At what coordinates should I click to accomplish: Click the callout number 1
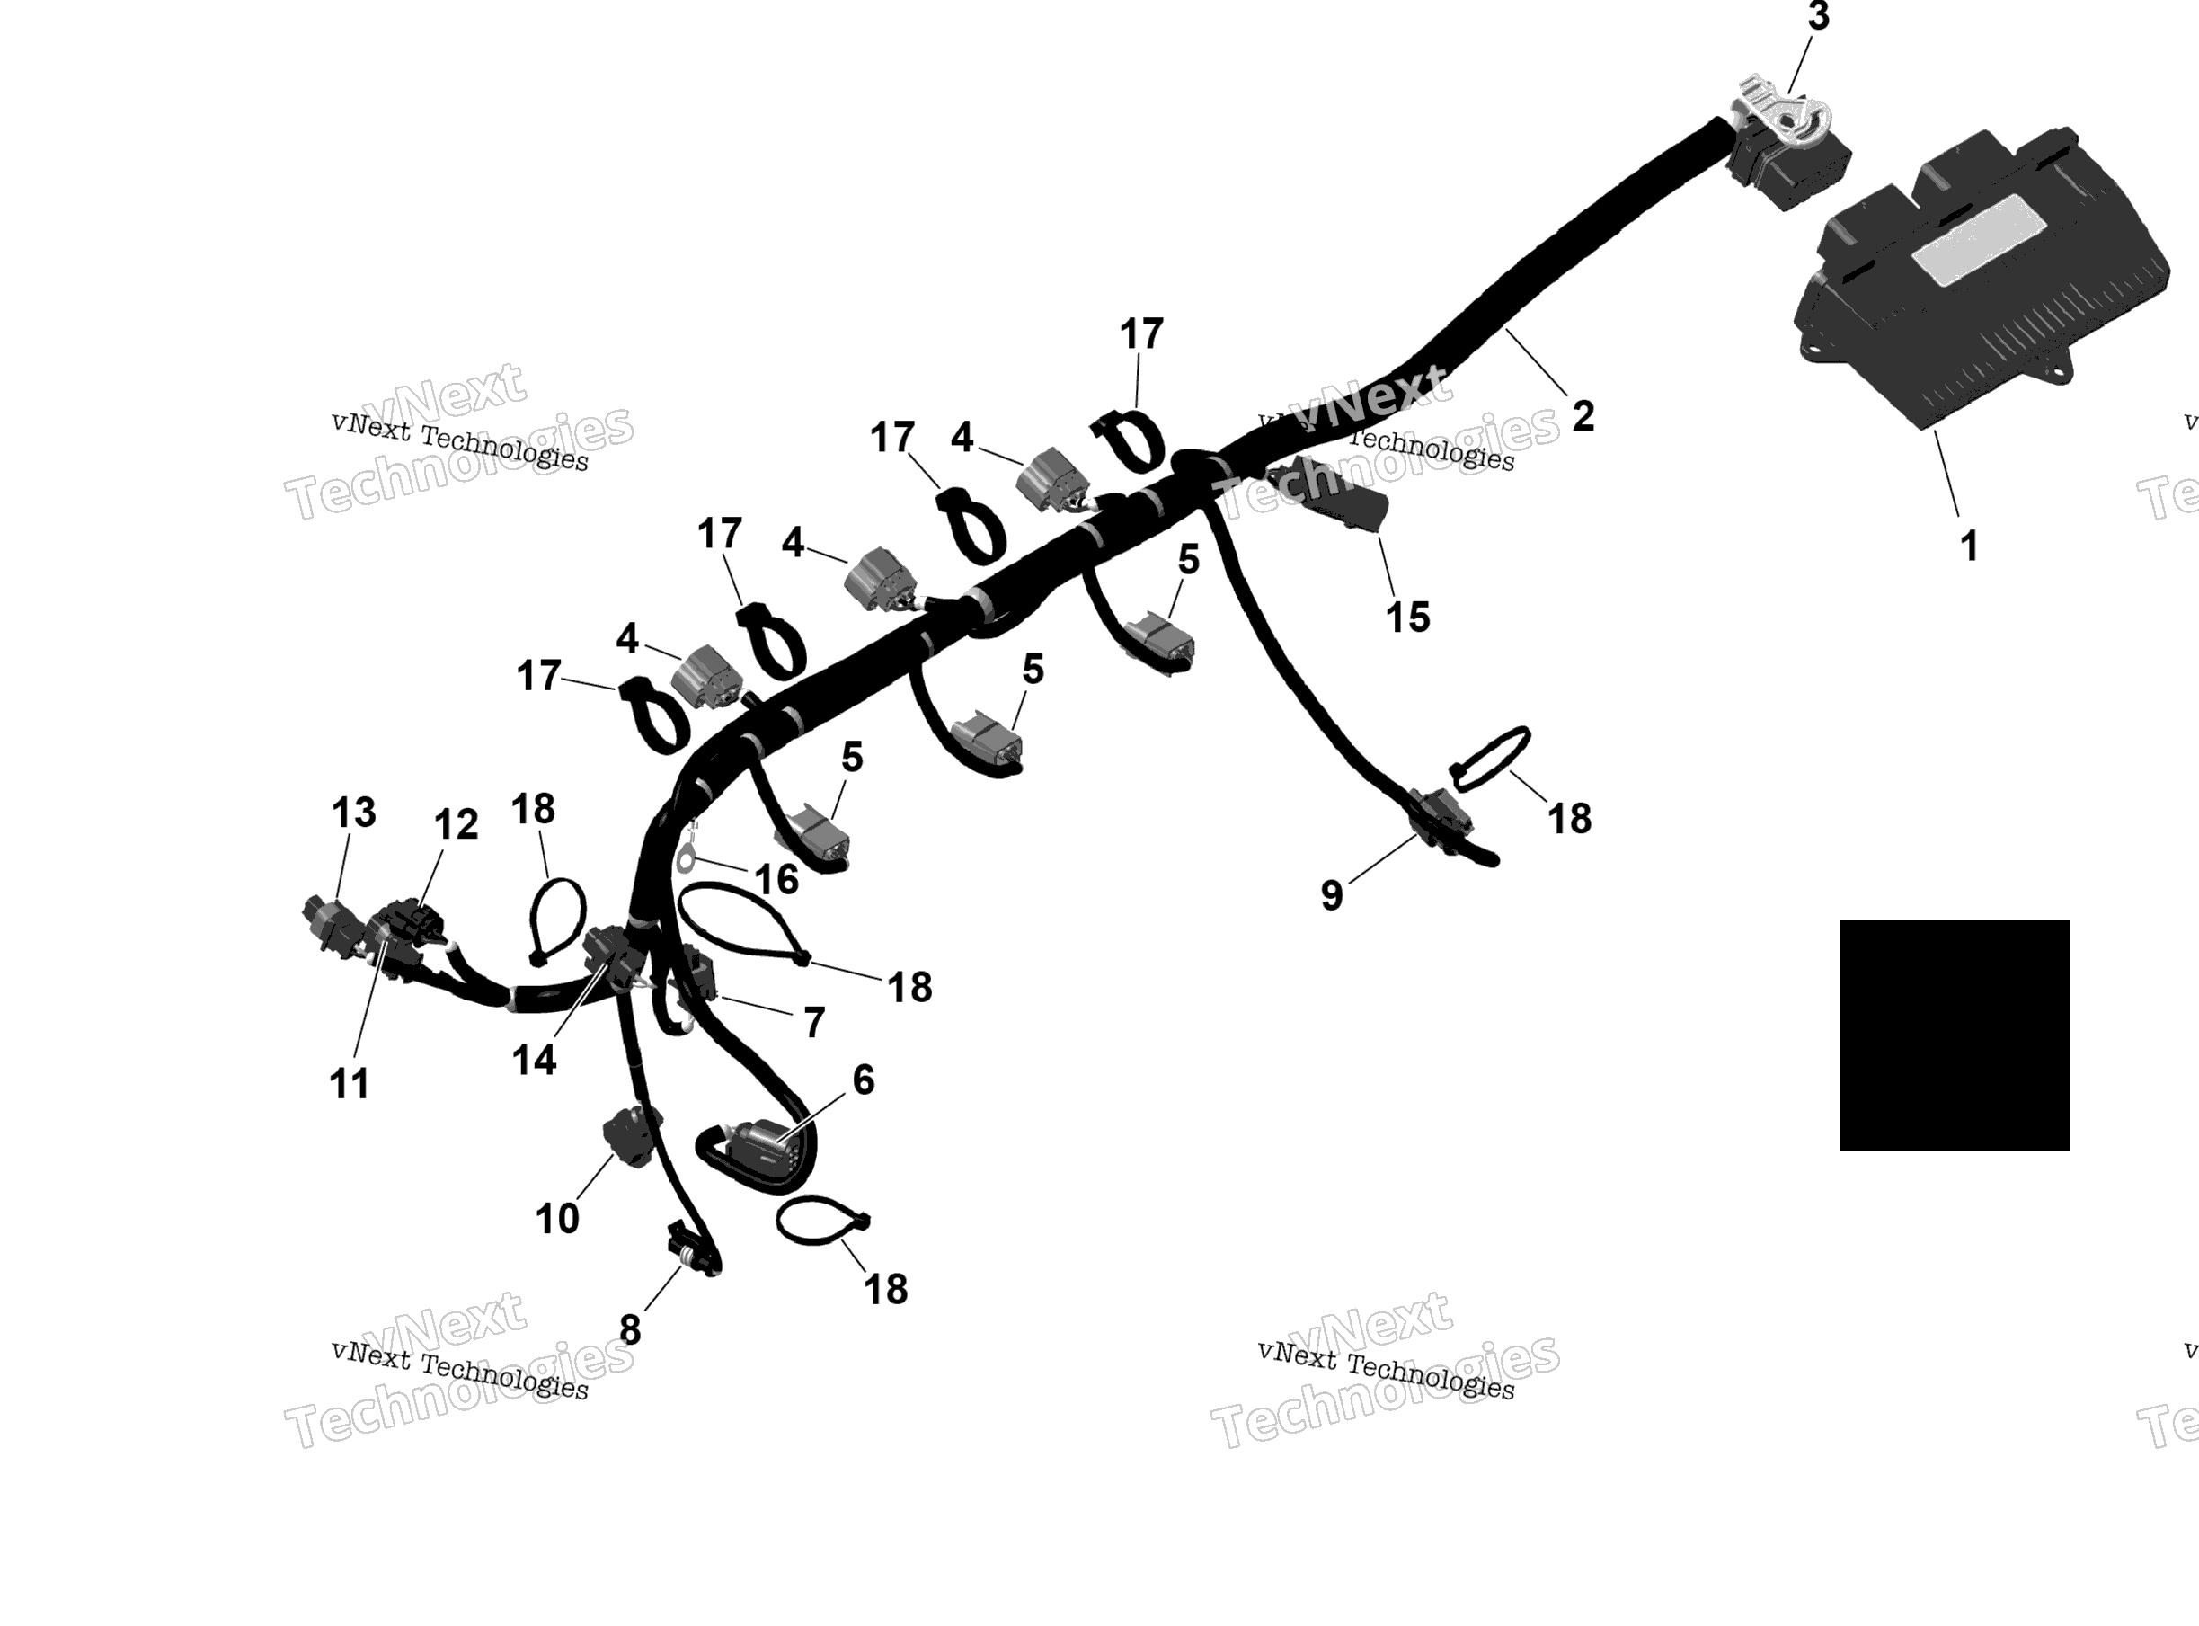pyautogui.click(x=1969, y=546)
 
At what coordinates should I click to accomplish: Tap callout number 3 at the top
pyautogui.click(x=1818, y=17)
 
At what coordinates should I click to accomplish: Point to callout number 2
pyautogui.click(x=1583, y=416)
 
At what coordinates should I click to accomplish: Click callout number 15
pyautogui.click(x=1407, y=618)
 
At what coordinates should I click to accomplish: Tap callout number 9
pyautogui.click(x=1331, y=895)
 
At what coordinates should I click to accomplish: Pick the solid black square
pyautogui.click(x=1955, y=1035)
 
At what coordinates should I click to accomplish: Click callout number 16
pyautogui.click(x=777, y=880)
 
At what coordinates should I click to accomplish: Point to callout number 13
pyautogui.click(x=353, y=813)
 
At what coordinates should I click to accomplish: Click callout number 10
pyautogui.click(x=557, y=1220)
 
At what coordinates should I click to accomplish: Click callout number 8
pyautogui.click(x=630, y=1330)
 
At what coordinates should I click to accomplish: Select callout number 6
pyautogui.click(x=863, y=1080)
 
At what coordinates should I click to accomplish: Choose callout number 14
pyautogui.click(x=535, y=1061)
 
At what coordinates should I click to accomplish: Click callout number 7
pyautogui.click(x=813, y=1024)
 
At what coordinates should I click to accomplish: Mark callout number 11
pyautogui.click(x=350, y=1085)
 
